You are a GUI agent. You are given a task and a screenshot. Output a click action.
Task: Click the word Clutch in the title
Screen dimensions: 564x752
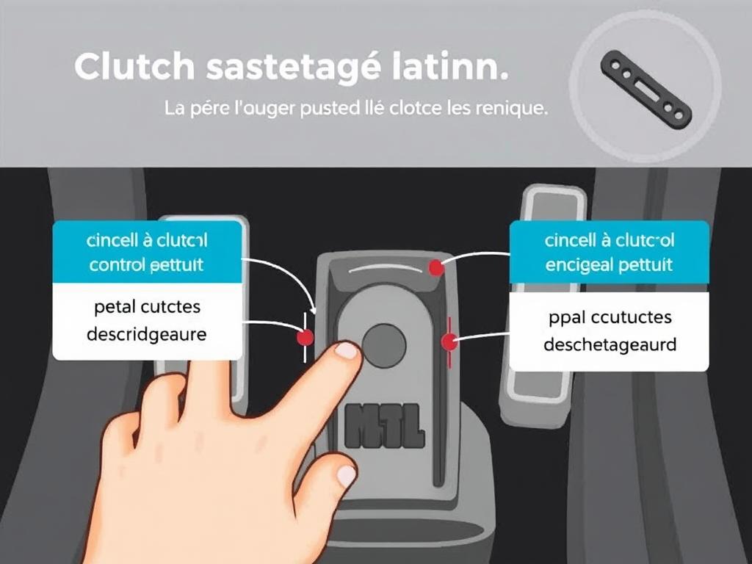pyautogui.click(x=134, y=67)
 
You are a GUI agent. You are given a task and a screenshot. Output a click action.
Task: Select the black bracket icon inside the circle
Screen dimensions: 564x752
pyautogui.click(x=646, y=90)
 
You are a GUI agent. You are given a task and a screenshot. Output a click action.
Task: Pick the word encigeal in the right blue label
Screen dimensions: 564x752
pyautogui.click(x=579, y=264)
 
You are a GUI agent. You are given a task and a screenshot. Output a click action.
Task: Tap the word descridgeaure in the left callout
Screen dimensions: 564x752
pyautogui.click(x=146, y=334)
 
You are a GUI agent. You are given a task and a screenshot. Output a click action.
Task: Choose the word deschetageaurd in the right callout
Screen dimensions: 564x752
pyautogui.click(x=610, y=344)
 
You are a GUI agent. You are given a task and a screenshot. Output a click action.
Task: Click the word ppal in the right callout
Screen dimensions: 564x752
pyautogui.click(x=563, y=317)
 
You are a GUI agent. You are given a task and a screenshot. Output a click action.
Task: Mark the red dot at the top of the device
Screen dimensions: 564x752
pyautogui.click(x=436, y=268)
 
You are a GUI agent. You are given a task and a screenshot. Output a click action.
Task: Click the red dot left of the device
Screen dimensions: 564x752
pyautogui.click(x=304, y=337)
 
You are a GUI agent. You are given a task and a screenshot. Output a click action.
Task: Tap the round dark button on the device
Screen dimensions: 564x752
pyautogui.click(x=384, y=344)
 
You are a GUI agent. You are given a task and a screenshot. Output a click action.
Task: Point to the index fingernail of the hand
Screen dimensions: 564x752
pyautogui.click(x=346, y=351)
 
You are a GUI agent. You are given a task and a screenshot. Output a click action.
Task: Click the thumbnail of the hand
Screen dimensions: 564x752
pyautogui.click(x=346, y=476)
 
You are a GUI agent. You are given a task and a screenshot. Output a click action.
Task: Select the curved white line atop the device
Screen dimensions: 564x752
pyautogui.click(x=385, y=270)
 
